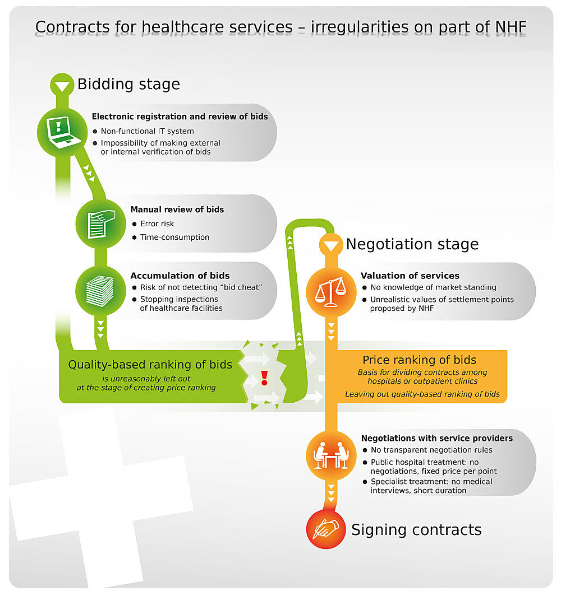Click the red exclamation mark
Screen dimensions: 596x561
pyautogui.click(x=264, y=376)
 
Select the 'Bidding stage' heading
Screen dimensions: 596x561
pyautogui.click(x=128, y=85)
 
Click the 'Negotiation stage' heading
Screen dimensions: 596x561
pyautogui.click(x=412, y=244)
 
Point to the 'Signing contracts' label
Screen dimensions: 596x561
pyautogui.click(x=416, y=530)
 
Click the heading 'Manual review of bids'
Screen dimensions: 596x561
pyautogui.click(x=177, y=209)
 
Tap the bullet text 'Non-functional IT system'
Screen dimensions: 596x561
pyautogui.click(x=147, y=131)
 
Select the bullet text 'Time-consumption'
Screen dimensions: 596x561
pyautogui.click(x=174, y=237)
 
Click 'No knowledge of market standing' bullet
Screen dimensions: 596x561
pyautogui.click(x=433, y=287)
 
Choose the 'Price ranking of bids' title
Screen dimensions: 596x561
pyautogui.click(x=419, y=360)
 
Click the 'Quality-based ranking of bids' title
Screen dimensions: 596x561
pyautogui.click(x=150, y=365)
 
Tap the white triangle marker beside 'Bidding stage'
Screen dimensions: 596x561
pyautogui.click(x=62, y=86)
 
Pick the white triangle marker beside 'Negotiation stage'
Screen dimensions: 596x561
pyautogui.click(x=330, y=245)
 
